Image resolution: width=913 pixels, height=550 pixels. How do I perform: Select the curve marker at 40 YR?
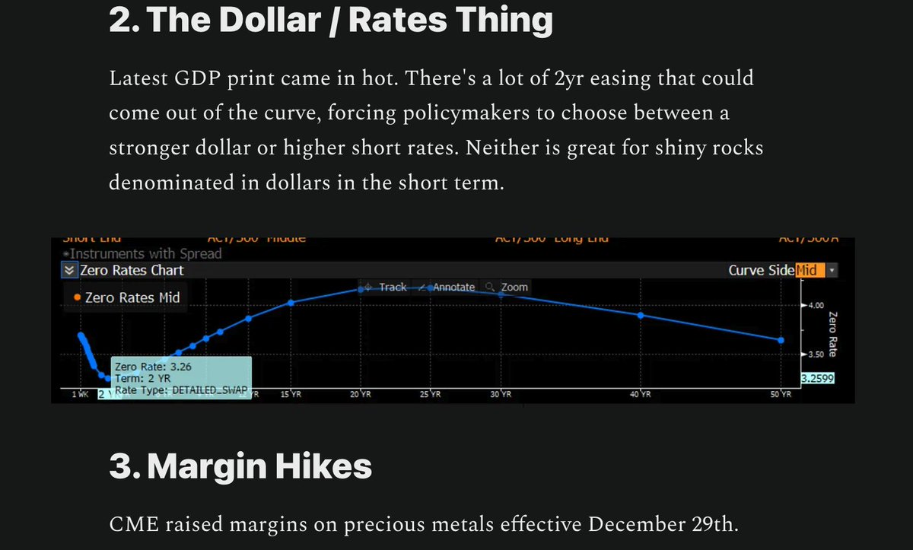pos(641,315)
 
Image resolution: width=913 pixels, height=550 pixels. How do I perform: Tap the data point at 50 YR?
pos(781,340)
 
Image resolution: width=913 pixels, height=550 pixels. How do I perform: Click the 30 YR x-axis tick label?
pos(500,395)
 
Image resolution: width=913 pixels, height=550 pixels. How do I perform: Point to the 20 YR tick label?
pos(360,395)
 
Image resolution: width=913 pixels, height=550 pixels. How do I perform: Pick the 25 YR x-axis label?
pos(430,395)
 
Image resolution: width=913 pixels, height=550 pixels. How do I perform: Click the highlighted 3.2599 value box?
pos(818,378)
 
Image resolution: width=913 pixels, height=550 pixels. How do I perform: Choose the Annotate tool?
pos(453,287)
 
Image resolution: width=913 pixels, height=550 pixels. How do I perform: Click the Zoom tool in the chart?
pos(514,287)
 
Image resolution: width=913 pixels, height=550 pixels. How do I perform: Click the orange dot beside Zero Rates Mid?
pos(78,298)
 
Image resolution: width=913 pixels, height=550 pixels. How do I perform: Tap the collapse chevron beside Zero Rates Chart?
pos(69,270)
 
